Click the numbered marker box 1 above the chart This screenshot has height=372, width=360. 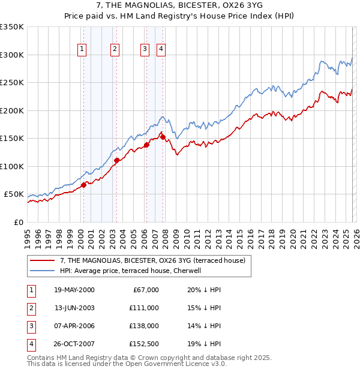click(82, 50)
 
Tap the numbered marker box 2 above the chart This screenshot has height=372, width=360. click(115, 50)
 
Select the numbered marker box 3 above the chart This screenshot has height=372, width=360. click(145, 50)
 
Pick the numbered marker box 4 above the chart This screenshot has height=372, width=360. click(161, 50)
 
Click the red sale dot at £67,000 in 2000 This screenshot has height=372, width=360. click(84, 185)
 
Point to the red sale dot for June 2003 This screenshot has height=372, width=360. click(116, 160)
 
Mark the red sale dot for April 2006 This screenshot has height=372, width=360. click(146, 145)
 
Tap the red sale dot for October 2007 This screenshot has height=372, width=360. click(163, 137)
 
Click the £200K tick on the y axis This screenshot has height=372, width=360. click(12, 110)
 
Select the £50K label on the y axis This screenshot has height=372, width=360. click(14, 194)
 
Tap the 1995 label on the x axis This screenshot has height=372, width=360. click(28, 237)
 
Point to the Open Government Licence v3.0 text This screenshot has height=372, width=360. click(173, 364)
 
